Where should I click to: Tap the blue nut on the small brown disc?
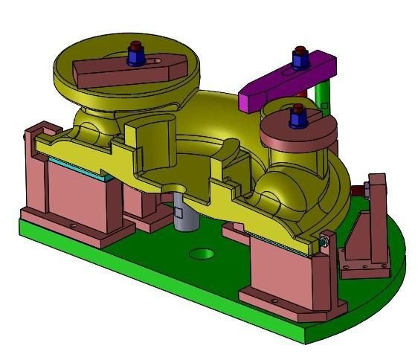298,115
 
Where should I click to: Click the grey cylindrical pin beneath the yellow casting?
184,216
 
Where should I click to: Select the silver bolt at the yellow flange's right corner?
324,240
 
